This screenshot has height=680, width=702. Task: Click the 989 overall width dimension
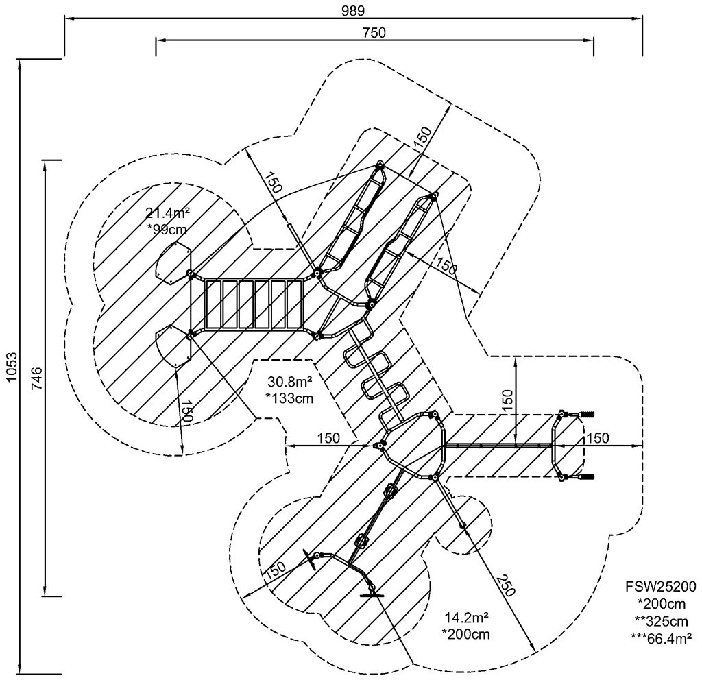[353, 10]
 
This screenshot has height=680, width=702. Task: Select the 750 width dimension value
[374, 33]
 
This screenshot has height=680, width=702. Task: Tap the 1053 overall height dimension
[12, 367]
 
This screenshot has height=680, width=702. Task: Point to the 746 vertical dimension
[37, 378]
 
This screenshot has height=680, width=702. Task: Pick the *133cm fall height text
[290, 398]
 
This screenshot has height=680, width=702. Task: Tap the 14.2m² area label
[466, 618]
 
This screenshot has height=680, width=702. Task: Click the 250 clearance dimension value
[505, 585]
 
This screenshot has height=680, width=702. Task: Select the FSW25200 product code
[661, 586]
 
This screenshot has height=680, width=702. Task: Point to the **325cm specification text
[661, 621]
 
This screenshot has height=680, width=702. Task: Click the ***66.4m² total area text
[661, 639]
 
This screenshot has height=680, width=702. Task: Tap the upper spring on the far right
[587, 414]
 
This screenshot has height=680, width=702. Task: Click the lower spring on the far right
[587, 477]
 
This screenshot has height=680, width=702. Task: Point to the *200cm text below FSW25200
[661, 604]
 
